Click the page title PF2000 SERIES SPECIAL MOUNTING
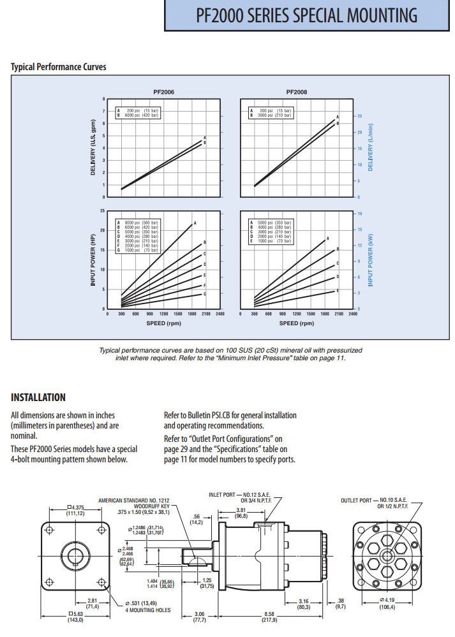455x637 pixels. coord(308,15)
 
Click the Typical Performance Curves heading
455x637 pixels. coord(59,66)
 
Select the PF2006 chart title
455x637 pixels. coord(164,92)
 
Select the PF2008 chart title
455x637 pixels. coord(297,92)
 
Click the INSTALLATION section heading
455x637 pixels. coord(38,397)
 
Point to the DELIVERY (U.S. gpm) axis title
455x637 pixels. coord(93,150)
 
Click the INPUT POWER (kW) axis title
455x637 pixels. coord(371,261)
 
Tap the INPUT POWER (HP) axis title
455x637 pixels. coord(93,261)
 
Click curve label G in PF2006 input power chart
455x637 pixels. coord(204,295)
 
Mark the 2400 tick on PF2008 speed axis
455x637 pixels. coord(352,314)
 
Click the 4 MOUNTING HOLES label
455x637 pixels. coord(148,610)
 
